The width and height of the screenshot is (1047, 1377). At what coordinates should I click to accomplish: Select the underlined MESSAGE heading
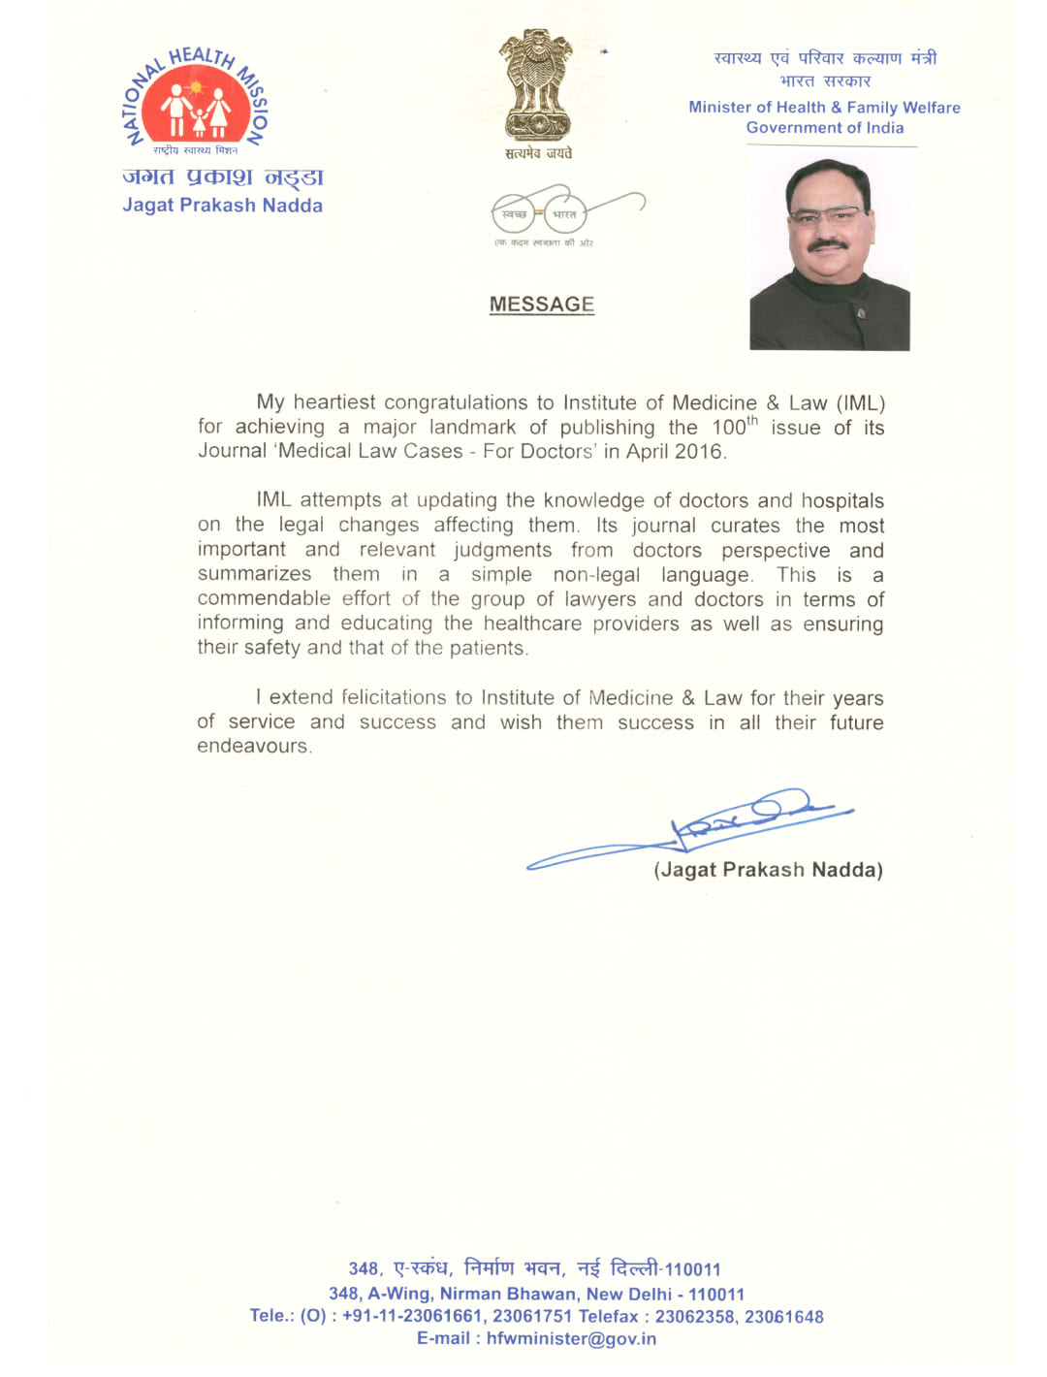[x=542, y=304]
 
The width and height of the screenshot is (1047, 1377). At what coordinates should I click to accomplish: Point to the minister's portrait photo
[x=830, y=253]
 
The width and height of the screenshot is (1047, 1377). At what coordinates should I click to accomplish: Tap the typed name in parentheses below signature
[x=768, y=870]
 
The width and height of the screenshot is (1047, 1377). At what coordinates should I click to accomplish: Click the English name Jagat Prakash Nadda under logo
[x=222, y=206]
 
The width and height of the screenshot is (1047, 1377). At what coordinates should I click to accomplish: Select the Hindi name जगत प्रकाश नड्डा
[x=222, y=176]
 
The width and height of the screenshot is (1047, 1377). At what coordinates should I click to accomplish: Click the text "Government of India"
[x=825, y=128]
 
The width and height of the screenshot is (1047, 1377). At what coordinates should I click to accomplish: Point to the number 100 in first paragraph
[x=729, y=428]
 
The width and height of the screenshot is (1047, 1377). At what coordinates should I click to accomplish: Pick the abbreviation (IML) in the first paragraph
[x=861, y=402]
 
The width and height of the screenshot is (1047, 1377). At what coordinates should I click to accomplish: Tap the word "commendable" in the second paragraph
[x=264, y=599]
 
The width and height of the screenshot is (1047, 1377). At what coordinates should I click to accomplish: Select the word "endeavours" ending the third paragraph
[x=253, y=747]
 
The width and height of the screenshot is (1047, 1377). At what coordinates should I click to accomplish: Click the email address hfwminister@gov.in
[x=571, y=1339]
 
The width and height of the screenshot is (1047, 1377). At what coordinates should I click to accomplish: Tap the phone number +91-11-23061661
[x=412, y=1316]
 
